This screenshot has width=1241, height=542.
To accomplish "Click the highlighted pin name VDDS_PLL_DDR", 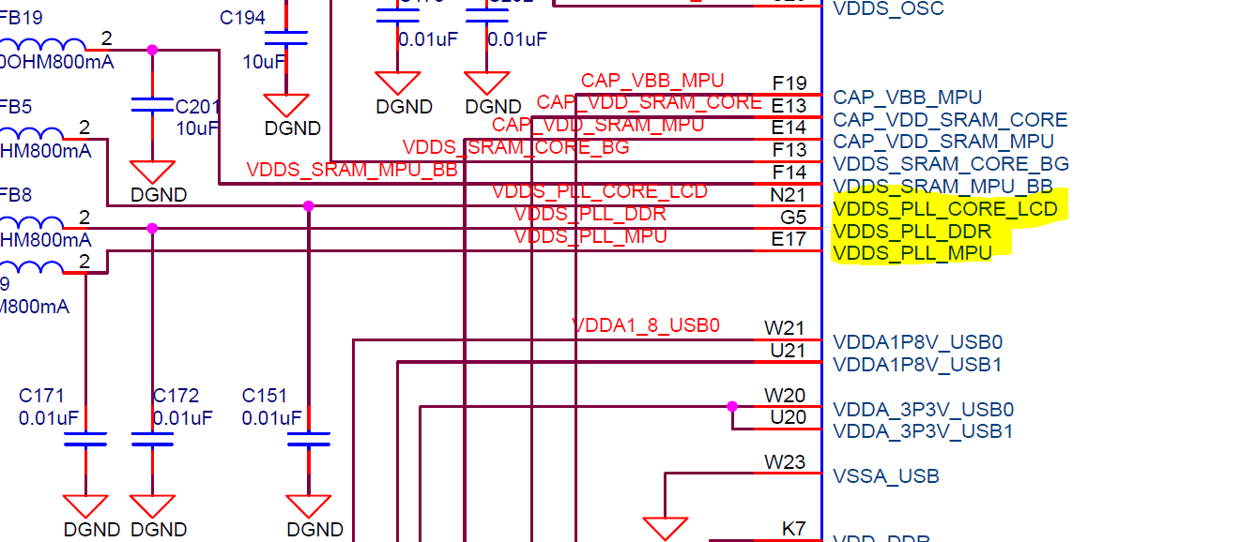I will click(x=912, y=231).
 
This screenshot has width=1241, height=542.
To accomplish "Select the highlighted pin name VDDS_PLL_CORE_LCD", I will click(x=945, y=208).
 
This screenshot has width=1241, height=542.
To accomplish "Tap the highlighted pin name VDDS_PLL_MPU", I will click(x=912, y=253).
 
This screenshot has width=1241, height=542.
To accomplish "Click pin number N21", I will click(x=788, y=194).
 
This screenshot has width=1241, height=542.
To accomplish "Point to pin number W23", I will click(x=785, y=461).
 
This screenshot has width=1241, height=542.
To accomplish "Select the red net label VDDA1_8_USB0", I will click(x=646, y=325).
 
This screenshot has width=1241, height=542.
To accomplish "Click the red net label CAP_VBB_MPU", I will click(x=652, y=81).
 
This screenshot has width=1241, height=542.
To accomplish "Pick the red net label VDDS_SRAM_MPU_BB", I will click(x=352, y=170).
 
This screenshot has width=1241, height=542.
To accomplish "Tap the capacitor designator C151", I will click(x=265, y=396).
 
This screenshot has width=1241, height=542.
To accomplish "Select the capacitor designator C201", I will click(x=196, y=107).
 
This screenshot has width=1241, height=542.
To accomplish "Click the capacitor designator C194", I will click(x=242, y=18).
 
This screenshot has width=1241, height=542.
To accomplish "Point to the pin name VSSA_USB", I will click(x=886, y=476).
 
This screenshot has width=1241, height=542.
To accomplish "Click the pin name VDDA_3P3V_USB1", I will click(x=923, y=431).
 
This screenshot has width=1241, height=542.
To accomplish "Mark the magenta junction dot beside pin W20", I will click(x=732, y=407).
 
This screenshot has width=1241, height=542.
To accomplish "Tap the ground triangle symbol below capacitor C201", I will click(x=152, y=172).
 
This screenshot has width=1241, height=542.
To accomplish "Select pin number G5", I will click(x=793, y=217).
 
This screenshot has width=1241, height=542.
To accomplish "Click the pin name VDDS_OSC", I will click(x=888, y=9).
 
